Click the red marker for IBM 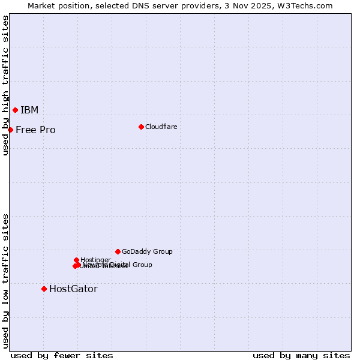pos(15,110)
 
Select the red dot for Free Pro pos(10,130)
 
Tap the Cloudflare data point pos(141,127)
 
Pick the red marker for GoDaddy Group pos(118,251)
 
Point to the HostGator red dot pos(44,289)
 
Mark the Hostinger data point pos(76,260)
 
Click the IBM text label pos(29,110)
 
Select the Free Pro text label pos(35,130)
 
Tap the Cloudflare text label pos(161,127)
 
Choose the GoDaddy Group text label pos(147,251)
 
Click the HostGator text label pos(73,289)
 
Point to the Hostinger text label pos(95,260)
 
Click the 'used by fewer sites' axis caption pos(62,355)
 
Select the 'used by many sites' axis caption pos(301,355)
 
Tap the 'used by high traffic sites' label pos(5,85)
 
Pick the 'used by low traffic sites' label pos(5,280)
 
